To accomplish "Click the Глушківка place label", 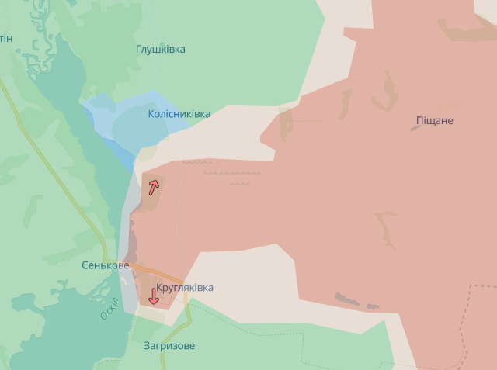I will click(x=161, y=50).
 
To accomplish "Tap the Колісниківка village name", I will click(x=179, y=114).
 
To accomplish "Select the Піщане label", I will click(x=434, y=121).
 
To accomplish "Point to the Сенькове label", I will click(x=105, y=265).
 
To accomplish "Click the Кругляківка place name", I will click(x=184, y=288).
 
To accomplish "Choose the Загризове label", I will click(x=169, y=345).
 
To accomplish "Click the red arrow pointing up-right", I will click(x=154, y=186).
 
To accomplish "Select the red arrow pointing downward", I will click(x=154, y=296).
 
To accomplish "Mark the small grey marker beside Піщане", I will click(x=416, y=127).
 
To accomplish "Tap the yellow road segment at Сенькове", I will click(x=148, y=271).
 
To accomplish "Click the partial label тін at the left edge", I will click(x=5, y=38).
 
